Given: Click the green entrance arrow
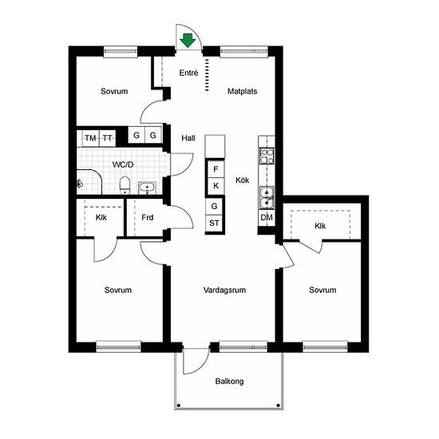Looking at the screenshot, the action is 188,41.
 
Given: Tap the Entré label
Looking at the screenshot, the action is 188,73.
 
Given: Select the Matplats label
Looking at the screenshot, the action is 243,91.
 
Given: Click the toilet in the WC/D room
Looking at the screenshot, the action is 125,185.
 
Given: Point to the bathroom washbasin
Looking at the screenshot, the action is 148,188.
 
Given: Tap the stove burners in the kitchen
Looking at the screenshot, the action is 267,156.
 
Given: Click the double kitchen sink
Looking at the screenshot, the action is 267,198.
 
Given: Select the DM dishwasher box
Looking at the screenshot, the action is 267,218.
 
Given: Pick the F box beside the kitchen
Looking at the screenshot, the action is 216,169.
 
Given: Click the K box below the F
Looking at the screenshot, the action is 216,186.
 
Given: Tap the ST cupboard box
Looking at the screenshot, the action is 214,223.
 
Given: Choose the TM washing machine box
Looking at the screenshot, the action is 90,138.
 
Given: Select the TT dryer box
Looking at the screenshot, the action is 108,138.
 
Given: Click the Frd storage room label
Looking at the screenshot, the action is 148,218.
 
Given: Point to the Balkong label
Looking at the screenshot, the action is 229,382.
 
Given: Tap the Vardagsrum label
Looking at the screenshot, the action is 224,290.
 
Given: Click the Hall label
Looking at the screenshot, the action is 188,138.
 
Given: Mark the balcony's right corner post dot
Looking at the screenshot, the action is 278,405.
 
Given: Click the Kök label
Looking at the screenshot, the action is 243,180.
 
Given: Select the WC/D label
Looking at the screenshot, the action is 123,164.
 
